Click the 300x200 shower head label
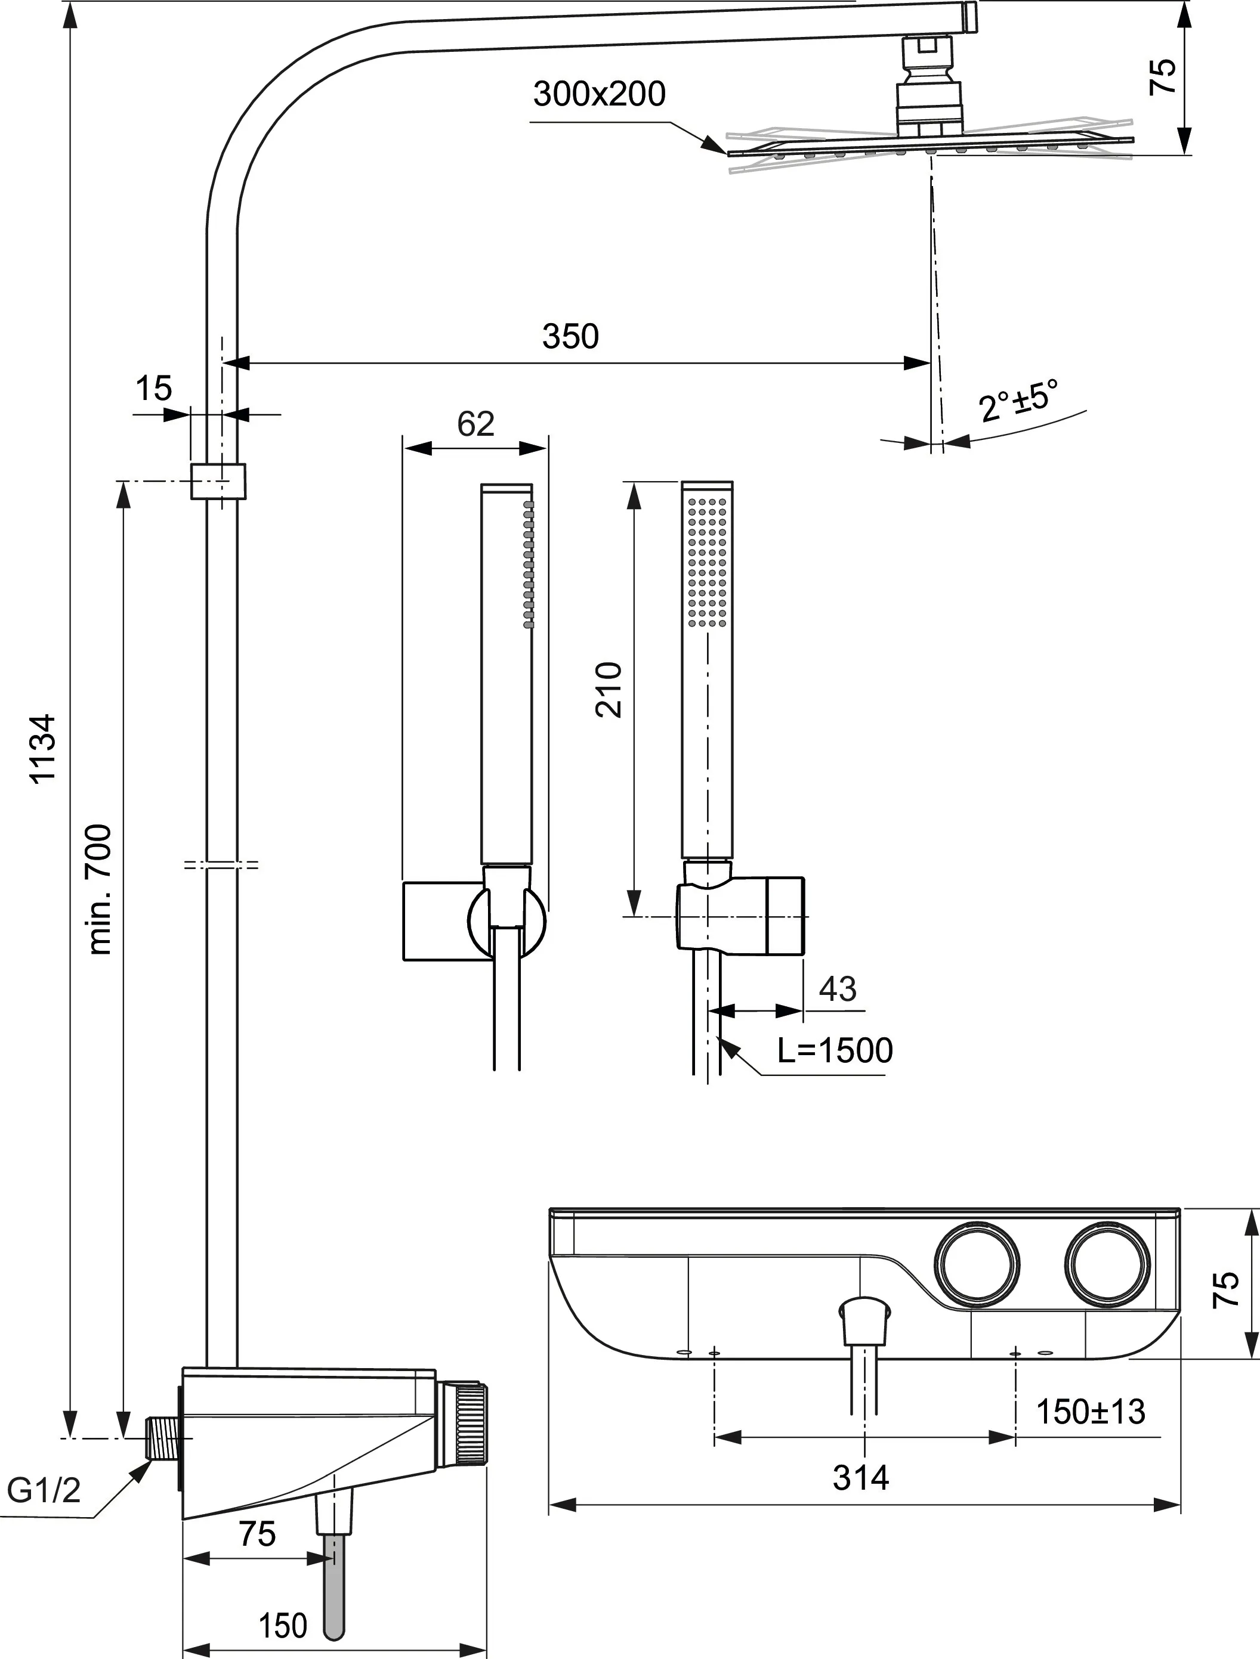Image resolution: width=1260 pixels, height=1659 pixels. coord(599,95)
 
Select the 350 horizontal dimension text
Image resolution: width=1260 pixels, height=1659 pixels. coord(570,337)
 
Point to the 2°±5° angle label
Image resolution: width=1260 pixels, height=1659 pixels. coord(1018,401)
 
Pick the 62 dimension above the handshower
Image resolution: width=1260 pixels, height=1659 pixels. coord(476,424)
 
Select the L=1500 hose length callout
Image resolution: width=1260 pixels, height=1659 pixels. coord(835,1051)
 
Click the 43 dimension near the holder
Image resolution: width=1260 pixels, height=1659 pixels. coord(838,989)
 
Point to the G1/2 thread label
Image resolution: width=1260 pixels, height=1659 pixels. coord(44,1490)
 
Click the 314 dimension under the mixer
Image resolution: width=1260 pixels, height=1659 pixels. coord(861,1478)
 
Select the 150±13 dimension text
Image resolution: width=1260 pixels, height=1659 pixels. coord(1091,1412)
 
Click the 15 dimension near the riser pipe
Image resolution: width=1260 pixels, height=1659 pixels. coord(153,389)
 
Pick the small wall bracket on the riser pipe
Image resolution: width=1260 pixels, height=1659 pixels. coord(218,480)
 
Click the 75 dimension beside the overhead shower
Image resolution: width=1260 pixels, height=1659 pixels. coord(1162,76)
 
